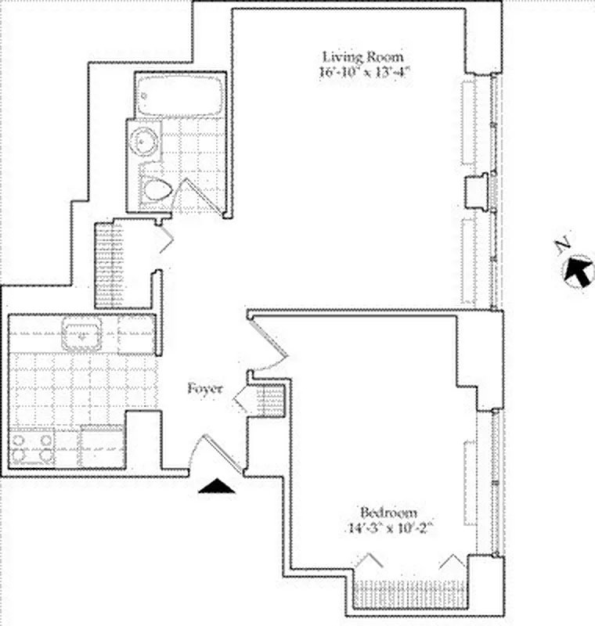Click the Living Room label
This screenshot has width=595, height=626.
pos(363,56)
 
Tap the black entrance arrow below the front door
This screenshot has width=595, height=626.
pos(217,487)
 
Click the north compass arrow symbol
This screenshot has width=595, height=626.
pos(579,271)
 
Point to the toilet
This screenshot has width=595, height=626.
pos(159,189)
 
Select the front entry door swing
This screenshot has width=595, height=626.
pos(214,454)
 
